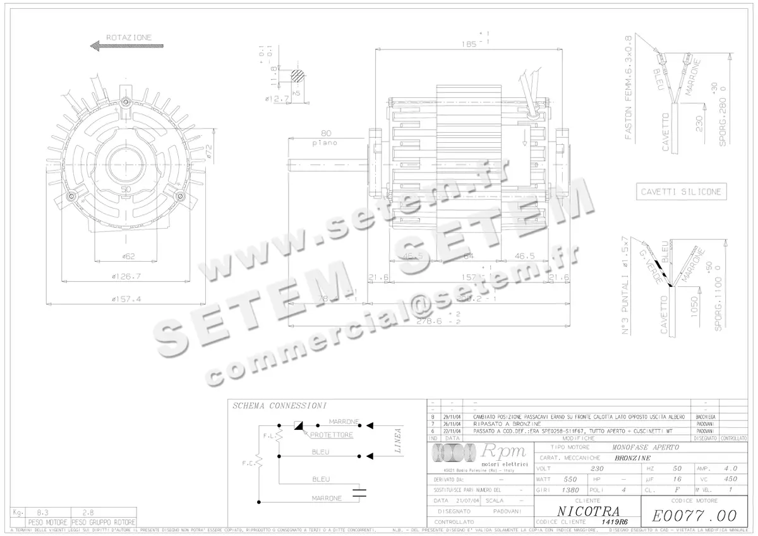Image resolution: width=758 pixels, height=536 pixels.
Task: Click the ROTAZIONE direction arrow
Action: click(x=126, y=46)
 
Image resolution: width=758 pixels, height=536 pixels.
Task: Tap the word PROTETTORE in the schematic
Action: click(x=332, y=435)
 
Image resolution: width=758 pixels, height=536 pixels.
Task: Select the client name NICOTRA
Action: click(x=588, y=511)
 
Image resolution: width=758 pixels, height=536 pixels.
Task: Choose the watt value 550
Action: click(x=570, y=479)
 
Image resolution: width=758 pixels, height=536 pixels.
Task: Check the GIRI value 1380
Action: click(x=570, y=490)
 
